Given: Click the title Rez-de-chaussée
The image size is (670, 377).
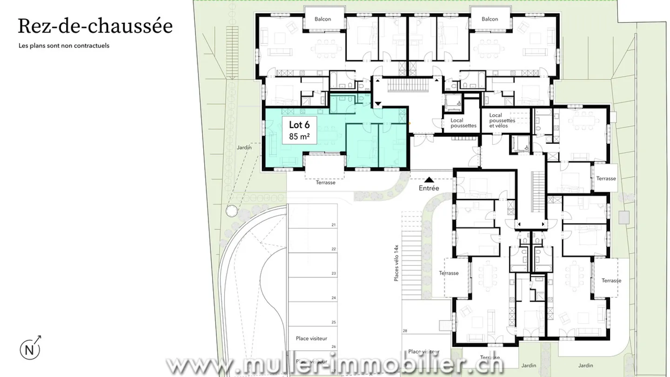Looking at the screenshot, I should point(95,26).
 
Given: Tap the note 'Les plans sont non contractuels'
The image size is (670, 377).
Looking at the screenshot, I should point(64,46).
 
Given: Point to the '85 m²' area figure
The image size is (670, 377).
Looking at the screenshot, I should point(299,137).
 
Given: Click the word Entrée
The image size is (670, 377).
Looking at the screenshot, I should point(429,188).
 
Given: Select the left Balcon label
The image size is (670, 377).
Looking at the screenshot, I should point(322,19).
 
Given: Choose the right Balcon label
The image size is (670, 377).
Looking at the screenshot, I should point(489,19).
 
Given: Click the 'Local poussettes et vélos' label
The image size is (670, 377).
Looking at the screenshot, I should point(502,121).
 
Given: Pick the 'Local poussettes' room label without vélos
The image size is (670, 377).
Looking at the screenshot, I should point(463,123).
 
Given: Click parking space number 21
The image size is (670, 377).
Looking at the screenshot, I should point(334,225).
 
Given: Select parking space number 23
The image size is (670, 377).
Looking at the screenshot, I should point(334,274).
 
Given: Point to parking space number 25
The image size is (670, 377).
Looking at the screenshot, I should point(334,322).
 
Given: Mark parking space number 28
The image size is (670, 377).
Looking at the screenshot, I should point(405,331).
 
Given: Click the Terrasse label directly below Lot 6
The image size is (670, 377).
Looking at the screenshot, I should point(325,182).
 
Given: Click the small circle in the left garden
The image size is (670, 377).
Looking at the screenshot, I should point(230,211).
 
